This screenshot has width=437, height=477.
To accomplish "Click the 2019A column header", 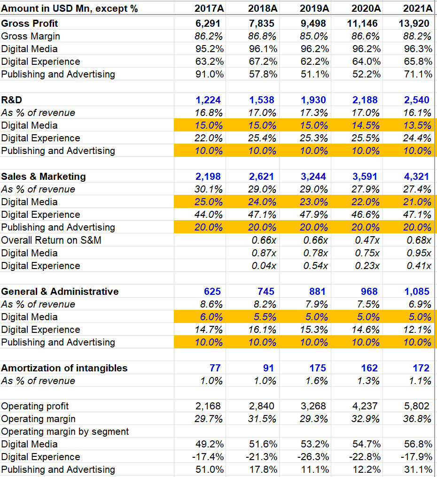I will tap(315, 8).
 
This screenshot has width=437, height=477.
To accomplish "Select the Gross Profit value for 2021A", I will tap(418, 23).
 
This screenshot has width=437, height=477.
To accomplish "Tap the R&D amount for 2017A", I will tap(208, 100).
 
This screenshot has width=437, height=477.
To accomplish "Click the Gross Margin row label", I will tap(31, 36).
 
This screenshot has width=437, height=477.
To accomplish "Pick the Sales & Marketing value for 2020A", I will tap(367, 177).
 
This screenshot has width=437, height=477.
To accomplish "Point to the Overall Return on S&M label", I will tap(51, 240).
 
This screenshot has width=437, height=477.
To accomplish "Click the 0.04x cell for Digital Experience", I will tap(264, 266).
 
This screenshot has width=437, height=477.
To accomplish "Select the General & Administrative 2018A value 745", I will tap(265, 292).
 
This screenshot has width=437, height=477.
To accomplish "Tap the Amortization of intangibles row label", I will tap(64, 368).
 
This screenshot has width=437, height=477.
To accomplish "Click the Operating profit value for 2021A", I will tap(418, 406).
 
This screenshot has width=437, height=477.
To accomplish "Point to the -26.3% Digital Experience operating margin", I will tap(314, 457).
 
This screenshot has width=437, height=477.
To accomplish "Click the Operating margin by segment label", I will tap(65, 431).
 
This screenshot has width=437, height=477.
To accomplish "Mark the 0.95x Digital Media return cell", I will tap(419, 253).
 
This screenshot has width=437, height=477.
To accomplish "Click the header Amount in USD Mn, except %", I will tap(70, 8).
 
